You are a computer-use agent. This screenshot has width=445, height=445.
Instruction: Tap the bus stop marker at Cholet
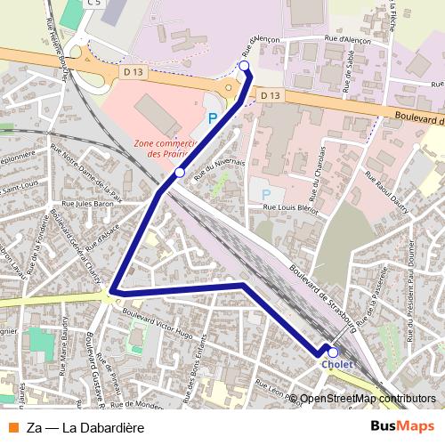pyautogui.click(x=333, y=352)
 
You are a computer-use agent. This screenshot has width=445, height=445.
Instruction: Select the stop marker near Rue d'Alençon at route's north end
pyautogui.click(x=244, y=66)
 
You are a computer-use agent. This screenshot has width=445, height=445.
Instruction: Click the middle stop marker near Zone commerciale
pyautogui.click(x=180, y=172)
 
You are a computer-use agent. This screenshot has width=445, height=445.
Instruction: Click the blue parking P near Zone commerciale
pyautogui.click(x=212, y=117)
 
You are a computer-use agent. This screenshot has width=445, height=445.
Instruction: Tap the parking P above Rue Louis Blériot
pyautogui.click(x=264, y=193)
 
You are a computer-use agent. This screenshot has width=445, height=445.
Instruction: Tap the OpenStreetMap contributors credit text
pyautogui.click(x=368, y=399)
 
